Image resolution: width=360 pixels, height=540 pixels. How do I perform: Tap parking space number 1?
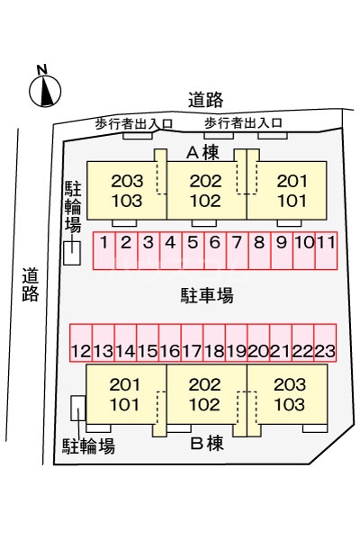pyautogui.click(x=104, y=250)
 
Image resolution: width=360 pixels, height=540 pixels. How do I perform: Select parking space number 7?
pyautogui.click(x=237, y=250)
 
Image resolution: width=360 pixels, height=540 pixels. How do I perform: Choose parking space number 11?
pyautogui.click(x=326, y=250)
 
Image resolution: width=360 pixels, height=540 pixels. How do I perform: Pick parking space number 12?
pyautogui.click(x=81, y=343)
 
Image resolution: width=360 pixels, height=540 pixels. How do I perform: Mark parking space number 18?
pyautogui.click(x=214, y=343)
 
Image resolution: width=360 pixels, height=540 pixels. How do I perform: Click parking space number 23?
pyautogui.click(x=325, y=343)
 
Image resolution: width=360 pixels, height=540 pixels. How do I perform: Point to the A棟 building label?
pyautogui.click(x=202, y=153)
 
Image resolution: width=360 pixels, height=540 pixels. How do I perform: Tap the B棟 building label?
pyautogui.click(x=207, y=444)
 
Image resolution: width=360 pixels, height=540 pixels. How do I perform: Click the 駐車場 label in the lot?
pyautogui.click(x=207, y=295)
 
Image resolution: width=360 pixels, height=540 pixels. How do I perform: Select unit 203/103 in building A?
pyautogui.click(x=127, y=191)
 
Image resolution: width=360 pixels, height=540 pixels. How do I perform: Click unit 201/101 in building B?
pyautogui.click(x=126, y=394)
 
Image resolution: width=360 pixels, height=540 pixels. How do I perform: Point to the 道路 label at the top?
pyautogui.click(x=206, y=100)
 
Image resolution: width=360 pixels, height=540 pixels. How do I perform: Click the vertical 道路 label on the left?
pyautogui.click(x=31, y=284)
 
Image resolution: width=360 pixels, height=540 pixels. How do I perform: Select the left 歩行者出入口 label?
pyautogui.click(x=134, y=124)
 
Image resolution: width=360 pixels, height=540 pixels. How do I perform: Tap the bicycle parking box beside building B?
pyautogui.click(x=78, y=408)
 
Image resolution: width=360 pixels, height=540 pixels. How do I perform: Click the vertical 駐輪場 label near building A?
pyautogui.click(x=73, y=206)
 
